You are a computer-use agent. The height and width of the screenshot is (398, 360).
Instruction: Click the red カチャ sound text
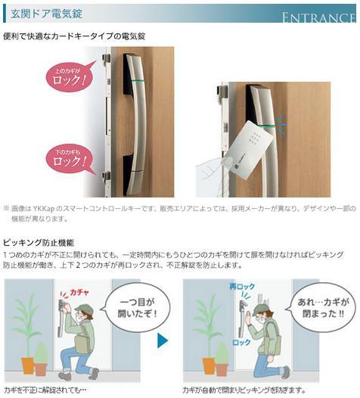[x=79, y=291]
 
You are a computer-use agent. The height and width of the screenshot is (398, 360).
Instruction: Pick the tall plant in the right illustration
[x=200, y=325]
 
